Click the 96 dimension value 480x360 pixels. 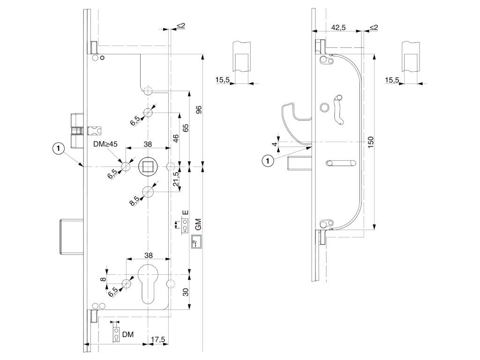(198, 111)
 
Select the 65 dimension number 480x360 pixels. (185, 128)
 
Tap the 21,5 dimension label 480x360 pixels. (176, 179)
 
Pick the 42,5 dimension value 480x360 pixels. (338, 28)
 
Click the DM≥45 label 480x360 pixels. (105, 144)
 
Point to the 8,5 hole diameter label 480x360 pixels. (134, 201)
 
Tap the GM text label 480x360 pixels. (198, 224)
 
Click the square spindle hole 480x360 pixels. (148, 166)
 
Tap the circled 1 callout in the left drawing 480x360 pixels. (58, 149)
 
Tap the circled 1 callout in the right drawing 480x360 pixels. (268, 161)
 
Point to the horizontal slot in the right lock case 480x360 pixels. (340, 163)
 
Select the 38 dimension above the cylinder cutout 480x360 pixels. (148, 255)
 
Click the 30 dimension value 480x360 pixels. (185, 292)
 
